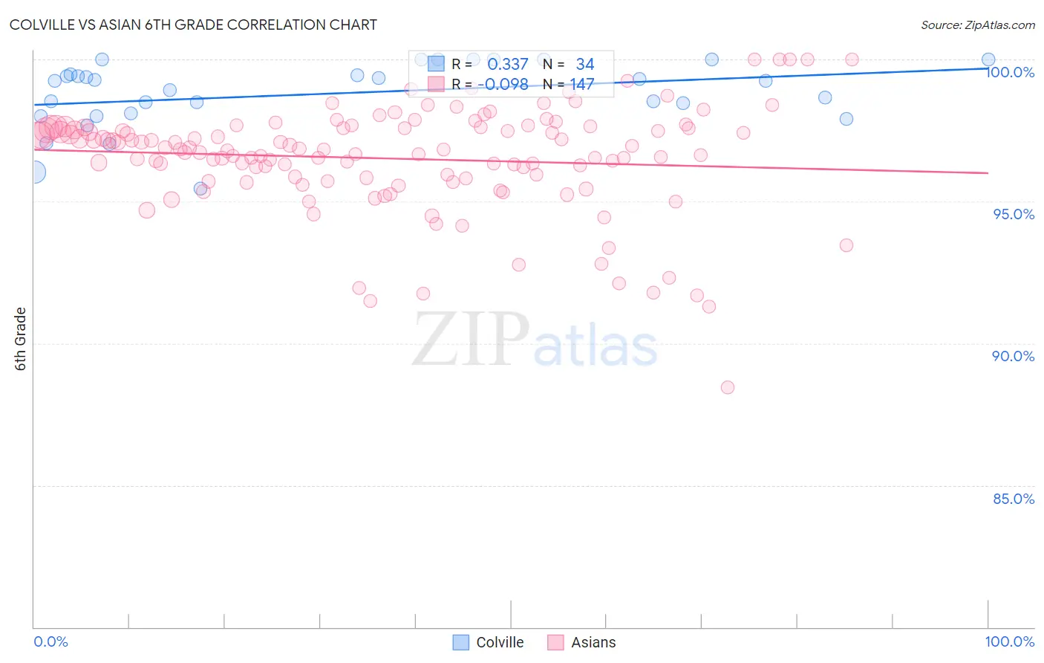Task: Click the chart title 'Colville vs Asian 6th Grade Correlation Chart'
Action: (x=193, y=25)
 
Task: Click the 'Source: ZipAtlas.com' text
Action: (x=977, y=25)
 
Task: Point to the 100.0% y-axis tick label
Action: (x=1010, y=72)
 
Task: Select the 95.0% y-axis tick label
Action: (x=1014, y=214)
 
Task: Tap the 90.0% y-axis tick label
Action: (x=1014, y=356)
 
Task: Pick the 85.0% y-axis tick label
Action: (x=1014, y=499)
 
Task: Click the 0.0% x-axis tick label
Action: (x=50, y=641)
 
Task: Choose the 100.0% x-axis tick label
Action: (x=1010, y=641)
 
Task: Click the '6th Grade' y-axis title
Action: (x=21, y=339)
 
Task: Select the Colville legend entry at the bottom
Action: (x=489, y=642)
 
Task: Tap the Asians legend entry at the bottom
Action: (x=582, y=642)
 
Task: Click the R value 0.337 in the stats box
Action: (x=507, y=65)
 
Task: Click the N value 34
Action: (x=585, y=65)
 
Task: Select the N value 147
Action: (x=582, y=84)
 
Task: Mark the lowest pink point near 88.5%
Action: (x=728, y=387)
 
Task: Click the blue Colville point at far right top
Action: (x=988, y=59)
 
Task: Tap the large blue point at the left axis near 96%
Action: (x=34, y=172)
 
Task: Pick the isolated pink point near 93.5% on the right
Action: (x=846, y=245)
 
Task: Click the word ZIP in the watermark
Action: (x=470, y=340)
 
